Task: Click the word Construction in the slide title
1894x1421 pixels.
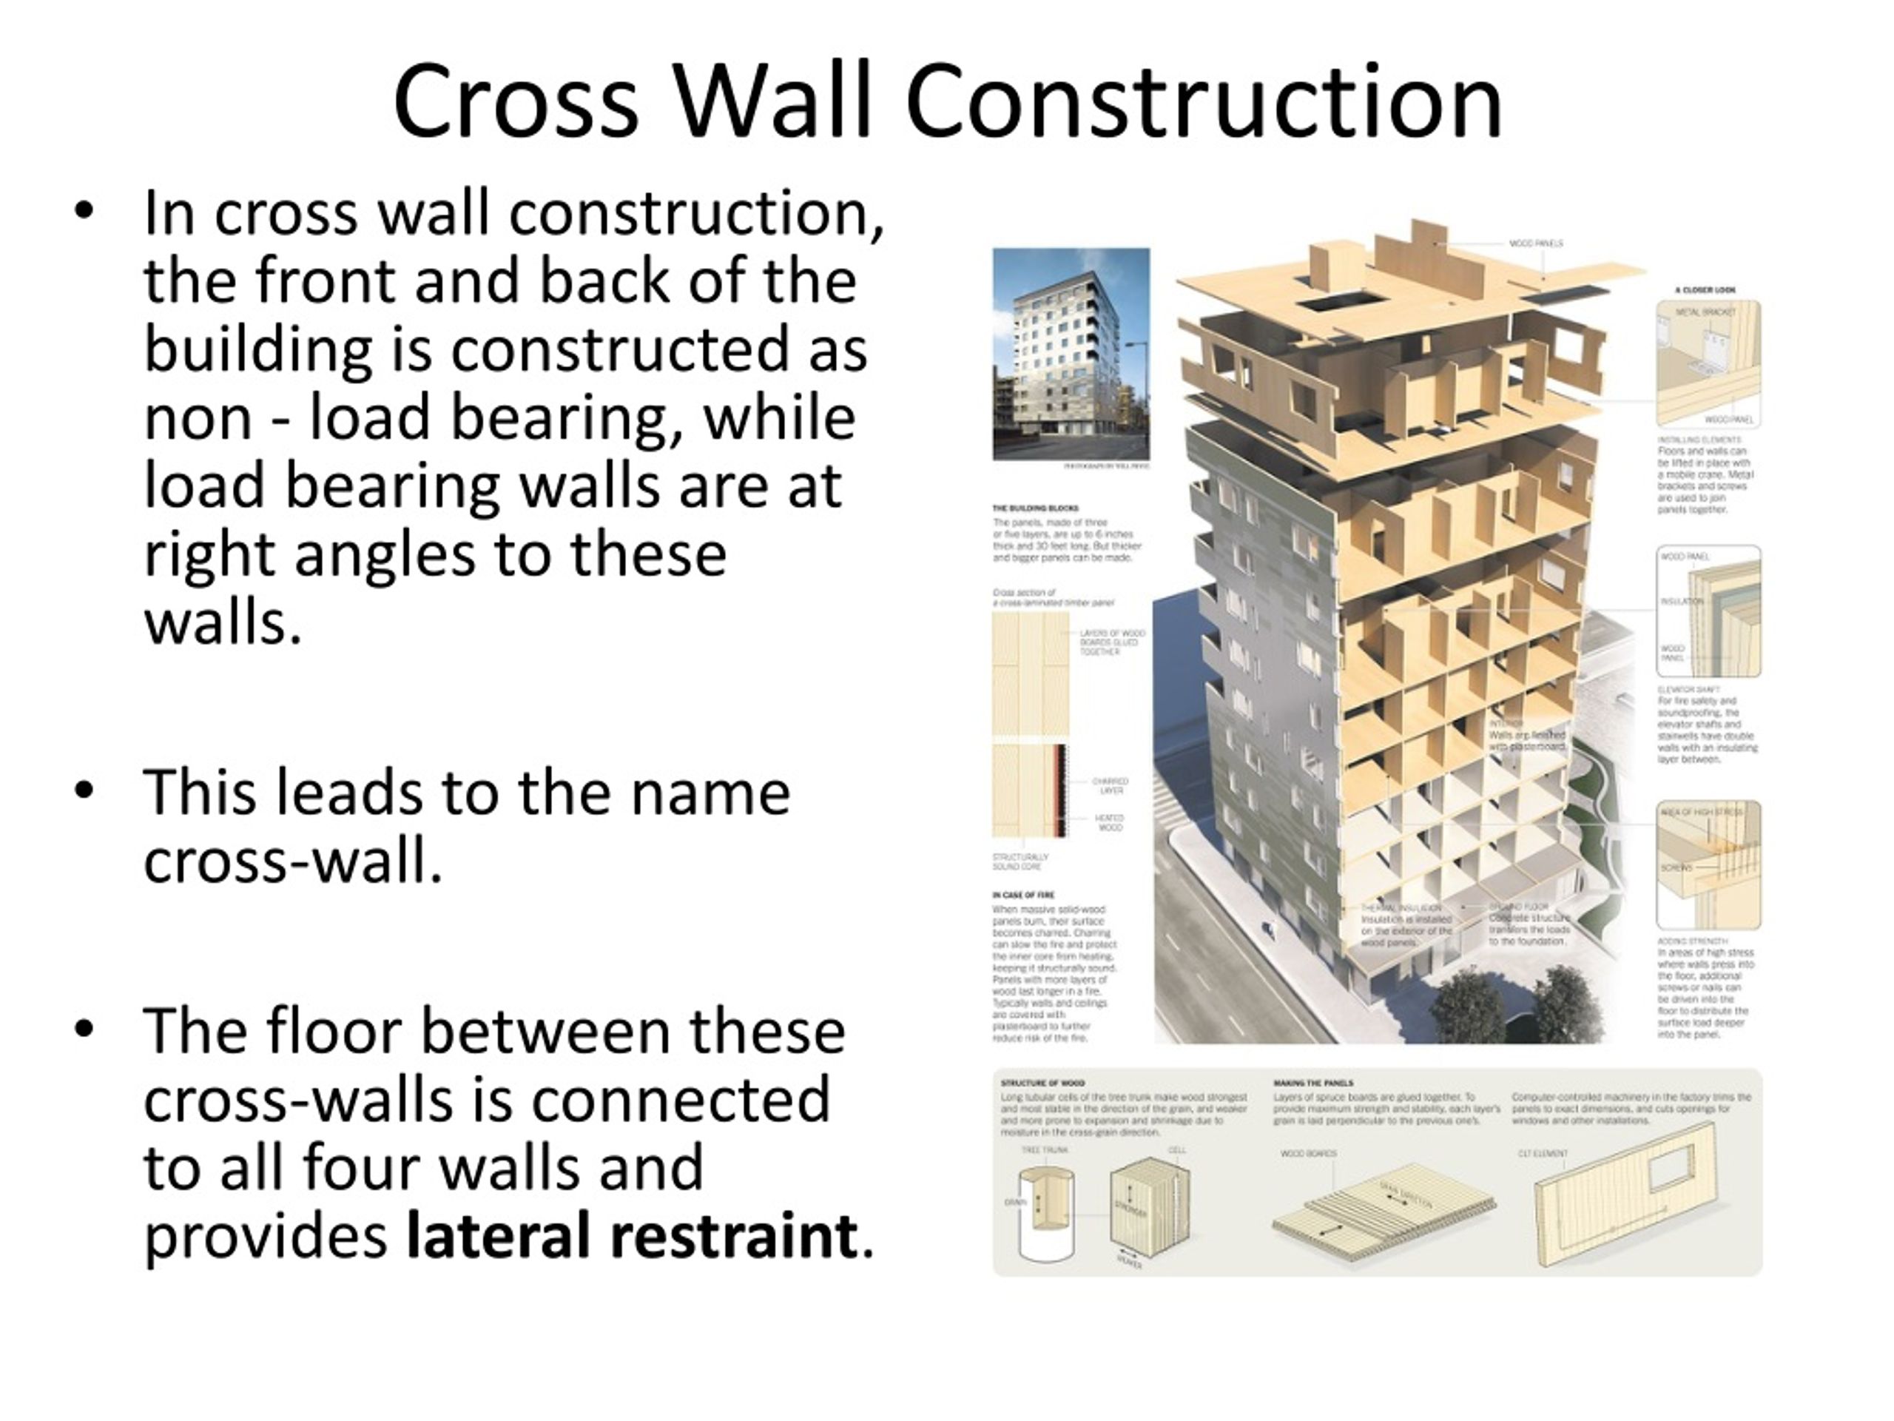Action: pyautogui.click(x=1203, y=101)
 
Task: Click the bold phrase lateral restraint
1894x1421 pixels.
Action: pyautogui.click(x=631, y=1235)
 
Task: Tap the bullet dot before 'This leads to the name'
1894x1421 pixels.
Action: pyautogui.click(x=83, y=790)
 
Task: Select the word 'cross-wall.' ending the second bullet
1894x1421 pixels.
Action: pyautogui.click(x=293, y=861)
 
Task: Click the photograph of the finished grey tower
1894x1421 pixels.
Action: pyautogui.click(x=1071, y=354)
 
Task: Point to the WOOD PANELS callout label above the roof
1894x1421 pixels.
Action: pyautogui.click(x=1535, y=244)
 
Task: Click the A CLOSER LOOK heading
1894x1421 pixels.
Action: pyautogui.click(x=1705, y=290)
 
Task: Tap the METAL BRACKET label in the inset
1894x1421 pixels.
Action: pyautogui.click(x=1704, y=314)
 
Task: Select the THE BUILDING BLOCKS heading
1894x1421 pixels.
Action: pyautogui.click(x=1035, y=508)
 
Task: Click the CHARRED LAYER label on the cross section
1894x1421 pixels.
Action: pyautogui.click(x=1111, y=785)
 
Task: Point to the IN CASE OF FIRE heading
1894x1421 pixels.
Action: pyautogui.click(x=1022, y=894)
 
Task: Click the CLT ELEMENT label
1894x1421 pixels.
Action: pyautogui.click(x=1542, y=1154)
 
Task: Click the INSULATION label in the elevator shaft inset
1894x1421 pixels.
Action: pyautogui.click(x=1681, y=601)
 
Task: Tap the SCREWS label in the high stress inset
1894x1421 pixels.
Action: pyautogui.click(x=1676, y=867)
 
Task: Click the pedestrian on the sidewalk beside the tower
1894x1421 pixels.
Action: pyautogui.click(x=1268, y=927)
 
